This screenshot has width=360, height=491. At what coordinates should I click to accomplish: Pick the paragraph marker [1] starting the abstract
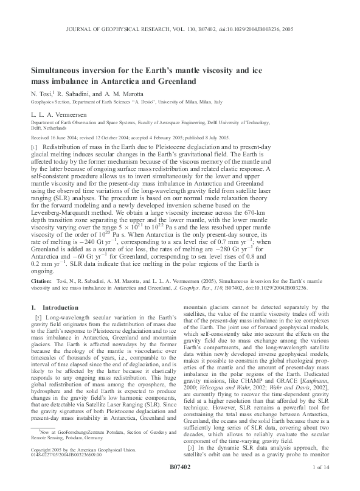tap(35, 147)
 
